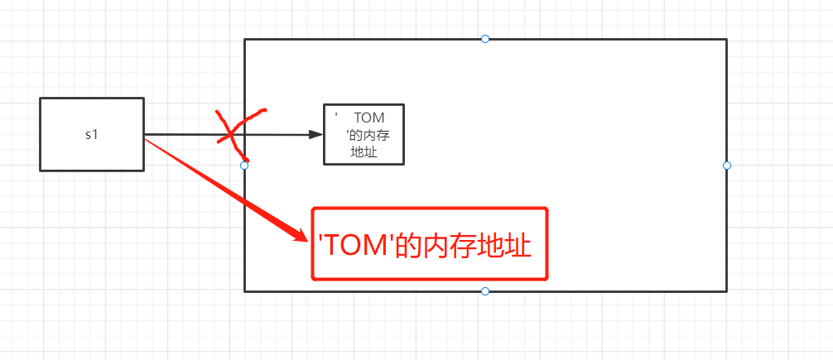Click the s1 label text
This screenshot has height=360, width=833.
[x=91, y=134]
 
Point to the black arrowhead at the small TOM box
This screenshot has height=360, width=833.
[x=315, y=135]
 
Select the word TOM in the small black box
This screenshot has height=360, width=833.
[x=368, y=118]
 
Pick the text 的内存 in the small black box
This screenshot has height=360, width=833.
[x=369, y=136]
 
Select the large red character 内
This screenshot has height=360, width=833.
[x=436, y=246]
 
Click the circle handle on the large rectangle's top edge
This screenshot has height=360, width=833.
[x=485, y=39]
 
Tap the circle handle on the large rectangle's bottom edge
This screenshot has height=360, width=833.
[x=485, y=291]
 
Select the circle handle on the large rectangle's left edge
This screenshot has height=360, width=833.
[x=244, y=166]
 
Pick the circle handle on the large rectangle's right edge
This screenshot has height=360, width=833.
[x=727, y=166]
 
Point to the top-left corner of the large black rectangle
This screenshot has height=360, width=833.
[x=245, y=40]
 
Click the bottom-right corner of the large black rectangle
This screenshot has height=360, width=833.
[x=726, y=290]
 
